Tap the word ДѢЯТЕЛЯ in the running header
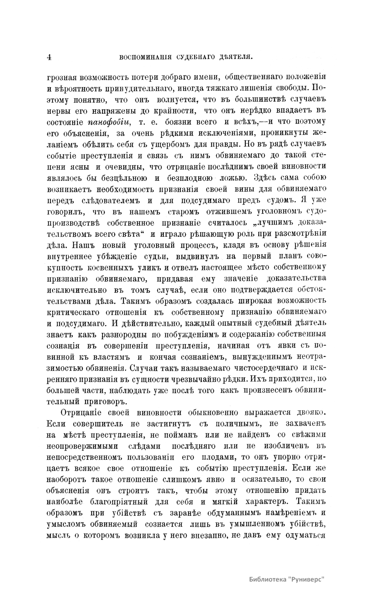coord(232,57)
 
